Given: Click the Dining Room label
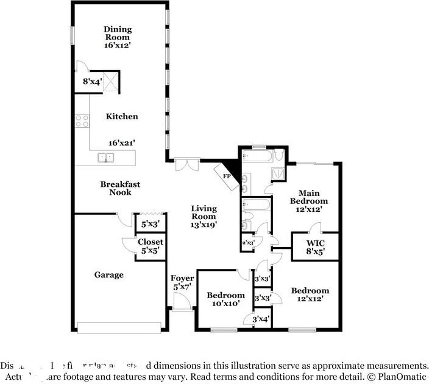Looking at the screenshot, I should [118, 37].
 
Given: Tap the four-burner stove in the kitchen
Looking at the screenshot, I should [82, 120].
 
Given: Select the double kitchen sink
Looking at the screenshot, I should [107, 158].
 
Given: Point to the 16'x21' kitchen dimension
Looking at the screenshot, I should [122, 142].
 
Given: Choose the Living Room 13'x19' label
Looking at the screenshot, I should [204, 216].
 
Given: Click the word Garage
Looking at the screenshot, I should [108, 275].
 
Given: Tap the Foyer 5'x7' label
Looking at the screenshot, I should [182, 282].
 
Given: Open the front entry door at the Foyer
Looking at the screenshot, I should [181, 301].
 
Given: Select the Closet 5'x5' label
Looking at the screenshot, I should [149, 246].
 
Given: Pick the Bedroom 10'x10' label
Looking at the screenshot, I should [225, 299].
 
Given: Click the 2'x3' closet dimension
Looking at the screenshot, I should [249, 243].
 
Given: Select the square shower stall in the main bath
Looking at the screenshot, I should [278, 172].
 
